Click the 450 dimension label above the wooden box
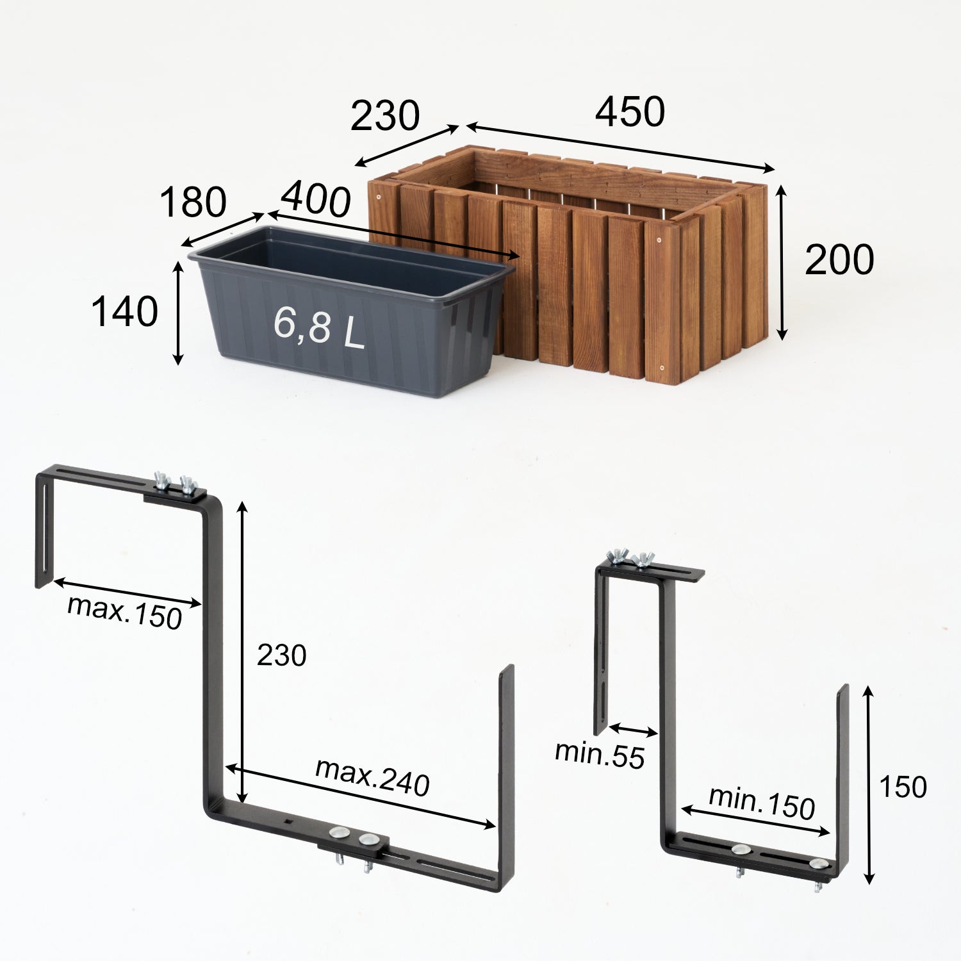point(630,112)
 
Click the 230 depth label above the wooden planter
point(385,116)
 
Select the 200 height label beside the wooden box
point(839,260)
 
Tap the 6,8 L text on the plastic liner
point(318,325)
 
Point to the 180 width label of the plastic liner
point(193,202)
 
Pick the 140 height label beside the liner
point(124,312)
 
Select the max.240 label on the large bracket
point(372,776)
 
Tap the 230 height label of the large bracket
point(281,655)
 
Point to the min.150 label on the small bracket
point(762,802)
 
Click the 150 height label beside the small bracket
point(903,787)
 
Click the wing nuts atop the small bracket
point(630,557)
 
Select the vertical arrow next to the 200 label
point(781,263)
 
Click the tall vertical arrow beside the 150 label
point(869,785)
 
